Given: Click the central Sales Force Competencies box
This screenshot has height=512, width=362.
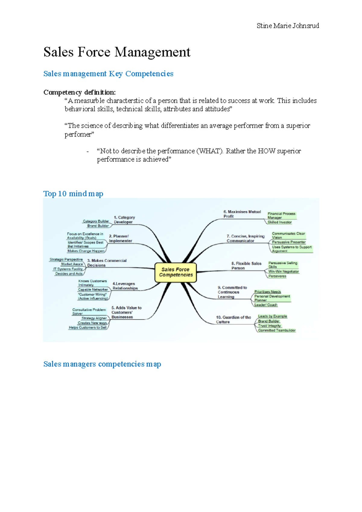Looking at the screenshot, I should click(176, 272).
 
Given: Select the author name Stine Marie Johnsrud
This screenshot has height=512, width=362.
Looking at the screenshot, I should click(288, 26).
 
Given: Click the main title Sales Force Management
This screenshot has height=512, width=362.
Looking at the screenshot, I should click(117, 52).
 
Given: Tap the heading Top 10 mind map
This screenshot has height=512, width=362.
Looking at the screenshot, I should click(73, 194).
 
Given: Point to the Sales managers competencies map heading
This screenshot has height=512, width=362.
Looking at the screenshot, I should click(102, 364).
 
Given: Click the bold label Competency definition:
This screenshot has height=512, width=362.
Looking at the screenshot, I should click(79, 92).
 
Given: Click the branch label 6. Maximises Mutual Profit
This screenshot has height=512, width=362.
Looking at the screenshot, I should click(242, 214).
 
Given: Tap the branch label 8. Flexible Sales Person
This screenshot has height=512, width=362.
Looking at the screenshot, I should click(246, 266).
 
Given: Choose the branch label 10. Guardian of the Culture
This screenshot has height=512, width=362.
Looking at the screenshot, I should click(233, 319).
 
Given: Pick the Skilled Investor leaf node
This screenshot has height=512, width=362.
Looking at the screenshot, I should click(280, 222).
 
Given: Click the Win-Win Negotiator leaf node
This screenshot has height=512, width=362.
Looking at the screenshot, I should click(284, 271).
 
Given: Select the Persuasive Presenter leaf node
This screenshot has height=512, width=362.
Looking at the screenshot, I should click(289, 242).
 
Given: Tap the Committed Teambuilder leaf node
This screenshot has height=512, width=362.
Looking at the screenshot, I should click(277, 330).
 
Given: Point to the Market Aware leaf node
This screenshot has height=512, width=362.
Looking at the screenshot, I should click(72, 264).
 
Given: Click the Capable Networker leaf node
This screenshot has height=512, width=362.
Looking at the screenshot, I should click(93, 289).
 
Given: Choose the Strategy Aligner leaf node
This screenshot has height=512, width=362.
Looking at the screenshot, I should click(94, 318).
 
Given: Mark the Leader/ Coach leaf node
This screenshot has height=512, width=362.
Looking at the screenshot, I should click(265, 305).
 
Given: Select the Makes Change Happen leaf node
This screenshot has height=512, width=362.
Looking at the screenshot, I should click(86, 251).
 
